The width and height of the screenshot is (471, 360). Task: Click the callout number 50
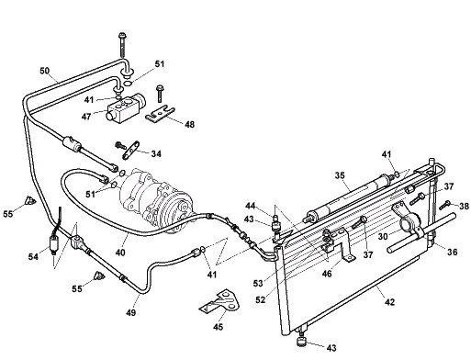click(x=44, y=71)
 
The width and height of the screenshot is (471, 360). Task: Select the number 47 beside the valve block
click(x=86, y=117)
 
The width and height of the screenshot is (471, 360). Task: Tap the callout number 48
click(x=189, y=124)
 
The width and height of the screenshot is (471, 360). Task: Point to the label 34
click(x=156, y=153)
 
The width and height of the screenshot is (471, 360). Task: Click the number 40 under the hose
click(x=120, y=253)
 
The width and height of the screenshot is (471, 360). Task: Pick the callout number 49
click(x=130, y=312)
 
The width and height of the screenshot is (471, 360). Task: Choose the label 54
click(x=33, y=256)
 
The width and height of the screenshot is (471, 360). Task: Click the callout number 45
click(x=218, y=327)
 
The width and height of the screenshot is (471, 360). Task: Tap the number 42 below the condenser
click(x=389, y=302)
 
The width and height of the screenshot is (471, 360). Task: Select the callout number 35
click(x=340, y=175)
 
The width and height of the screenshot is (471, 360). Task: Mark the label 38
click(x=464, y=207)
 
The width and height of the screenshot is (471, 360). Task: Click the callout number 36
click(x=453, y=252)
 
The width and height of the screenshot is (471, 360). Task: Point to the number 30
click(x=383, y=237)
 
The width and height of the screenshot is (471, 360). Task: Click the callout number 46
click(x=327, y=274)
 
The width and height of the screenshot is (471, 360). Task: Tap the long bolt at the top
click(x=122, y=45)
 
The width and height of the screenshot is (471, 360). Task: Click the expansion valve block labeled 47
click(x=126, y=108)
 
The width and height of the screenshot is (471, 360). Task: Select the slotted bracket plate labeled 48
click(x=160, y=114)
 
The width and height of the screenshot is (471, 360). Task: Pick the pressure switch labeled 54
click(x=54, y=243)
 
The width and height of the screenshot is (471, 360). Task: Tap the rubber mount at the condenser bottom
click(x=302, y=341)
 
